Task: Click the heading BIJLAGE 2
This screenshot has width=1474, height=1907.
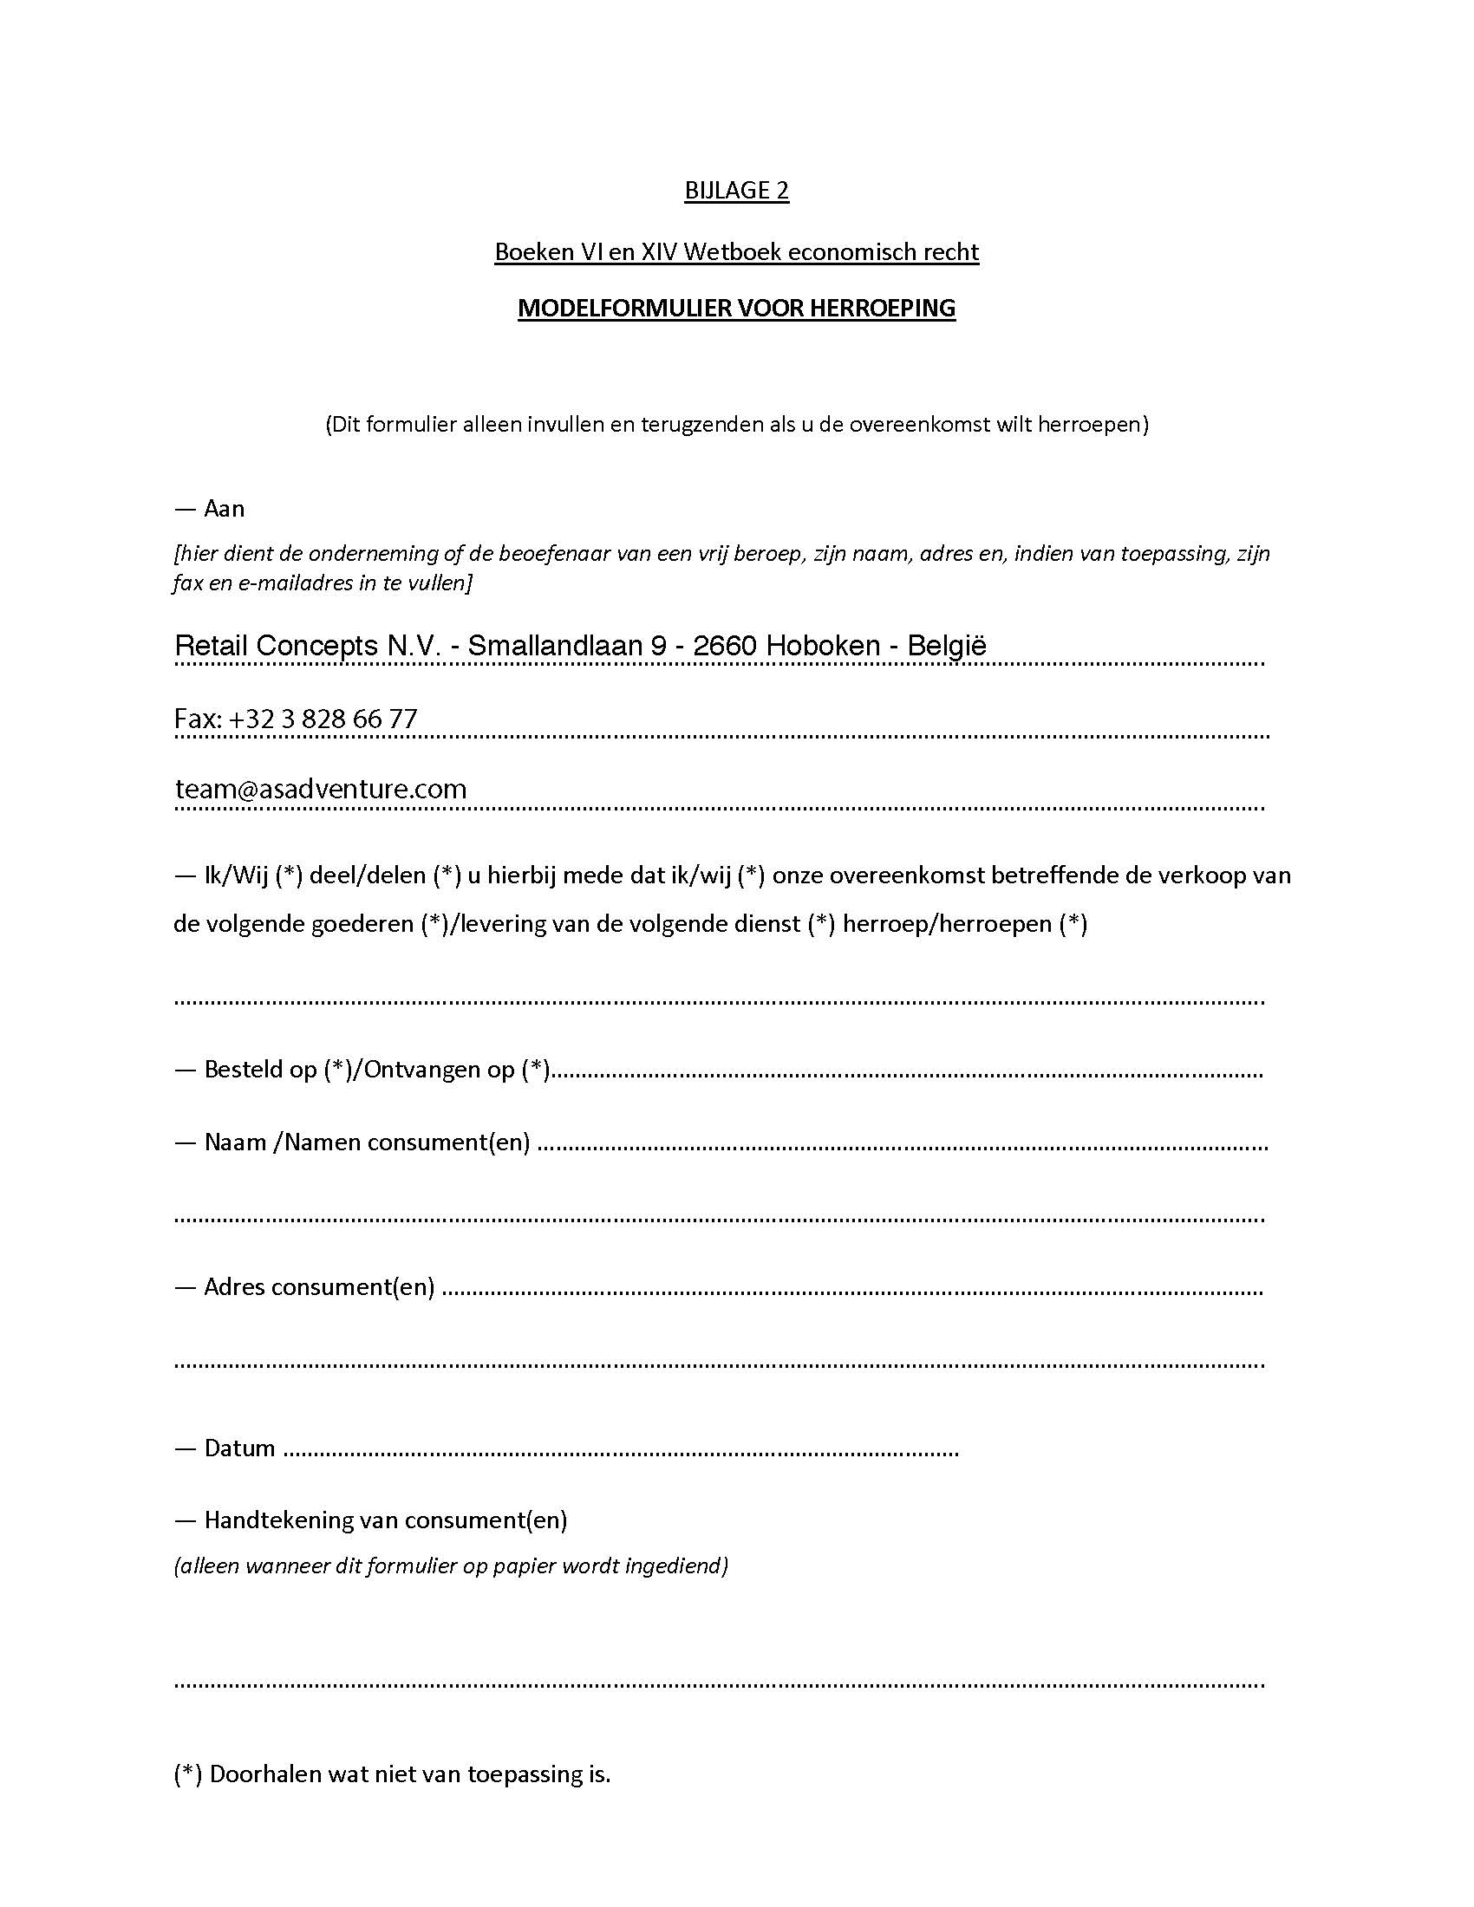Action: [x=736, y=191]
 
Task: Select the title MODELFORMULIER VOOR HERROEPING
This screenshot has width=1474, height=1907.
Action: [x=736, y=309]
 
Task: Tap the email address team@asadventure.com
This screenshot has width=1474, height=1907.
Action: [x=321, y=789]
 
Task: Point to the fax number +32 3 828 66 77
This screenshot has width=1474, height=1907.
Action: [x=323, y=719]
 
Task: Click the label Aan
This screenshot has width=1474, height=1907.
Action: [x=224, y=509]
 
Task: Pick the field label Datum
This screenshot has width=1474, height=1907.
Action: [x=239, y=1448]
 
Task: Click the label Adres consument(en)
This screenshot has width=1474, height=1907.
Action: [x=319, y=1287]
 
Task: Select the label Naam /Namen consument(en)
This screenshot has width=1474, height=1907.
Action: [x=367, y=1142]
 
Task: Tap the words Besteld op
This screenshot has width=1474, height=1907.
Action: [x=260, y=1070]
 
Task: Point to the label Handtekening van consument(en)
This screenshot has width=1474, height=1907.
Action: [x=385, y=1520]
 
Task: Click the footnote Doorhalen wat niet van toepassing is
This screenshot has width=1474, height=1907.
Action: [x=409, y=1774]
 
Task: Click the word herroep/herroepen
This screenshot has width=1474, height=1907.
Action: [x=947, y=924]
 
